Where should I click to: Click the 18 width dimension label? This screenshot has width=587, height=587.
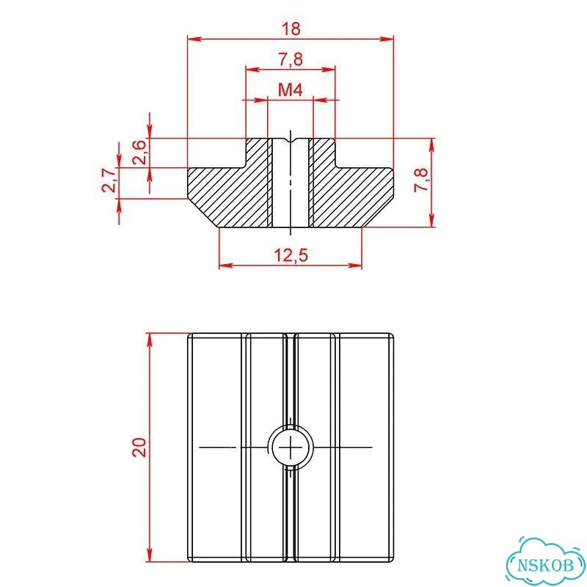coord(291,29)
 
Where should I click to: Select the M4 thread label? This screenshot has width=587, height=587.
coord(291,90)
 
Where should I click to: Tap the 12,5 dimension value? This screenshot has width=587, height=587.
coord(291,255)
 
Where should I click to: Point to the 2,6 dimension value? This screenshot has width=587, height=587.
coord(139,153)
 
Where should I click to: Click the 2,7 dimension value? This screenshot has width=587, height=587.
coord(109,180)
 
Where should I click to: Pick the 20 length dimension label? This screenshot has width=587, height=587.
coord(139,447)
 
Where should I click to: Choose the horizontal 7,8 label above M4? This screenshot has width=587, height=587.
coord(291,59)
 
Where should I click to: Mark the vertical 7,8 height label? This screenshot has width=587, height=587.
coord(420,180)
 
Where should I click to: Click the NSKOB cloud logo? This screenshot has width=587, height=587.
coord(546,564)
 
